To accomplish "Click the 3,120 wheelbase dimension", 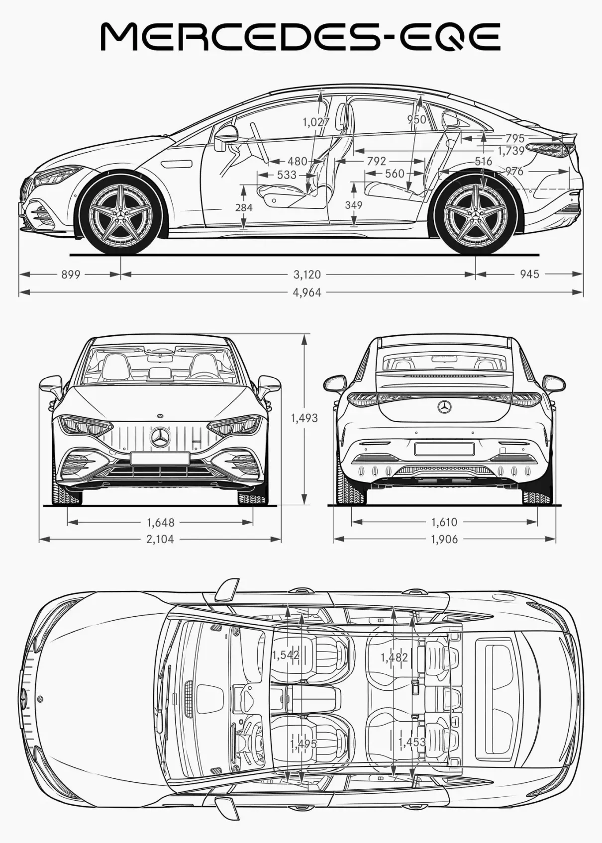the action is (307, 275).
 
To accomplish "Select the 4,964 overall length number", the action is (307, 292).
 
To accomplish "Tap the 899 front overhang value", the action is (71, 275).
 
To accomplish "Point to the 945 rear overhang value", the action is (530, 275).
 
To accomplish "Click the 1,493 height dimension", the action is (304, 418).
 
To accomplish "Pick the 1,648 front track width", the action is (161, 522).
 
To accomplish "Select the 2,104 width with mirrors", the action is (160, 539).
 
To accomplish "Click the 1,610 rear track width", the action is (444, 522).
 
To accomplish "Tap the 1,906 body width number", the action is (444, 539).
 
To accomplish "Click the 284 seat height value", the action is (244, 207).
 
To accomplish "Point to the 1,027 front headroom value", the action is (316, 122).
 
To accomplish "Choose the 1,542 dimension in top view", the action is (286, 655).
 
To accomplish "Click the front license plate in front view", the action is (160, 458).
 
